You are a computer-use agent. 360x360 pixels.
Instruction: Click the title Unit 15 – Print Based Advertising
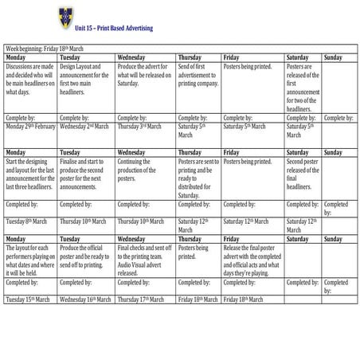point(113,29)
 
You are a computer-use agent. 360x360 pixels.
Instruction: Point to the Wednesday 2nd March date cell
point(88,125)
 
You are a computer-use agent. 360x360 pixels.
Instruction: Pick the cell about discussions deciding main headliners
point(30,79)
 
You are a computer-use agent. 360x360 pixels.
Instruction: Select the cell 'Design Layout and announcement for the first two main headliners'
point(87,79)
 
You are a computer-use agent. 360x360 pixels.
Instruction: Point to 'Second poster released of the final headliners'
point(303,174)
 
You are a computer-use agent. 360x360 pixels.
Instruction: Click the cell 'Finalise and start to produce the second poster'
point(87,174)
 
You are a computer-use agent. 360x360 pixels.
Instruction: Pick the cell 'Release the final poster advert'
point(252,260)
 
